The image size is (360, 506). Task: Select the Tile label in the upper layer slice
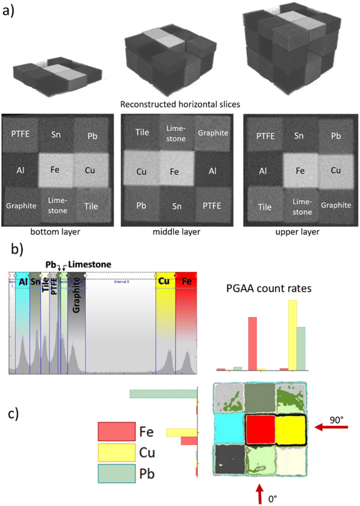tap(265, 207)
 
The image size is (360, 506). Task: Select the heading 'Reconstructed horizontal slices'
tap(180, 105)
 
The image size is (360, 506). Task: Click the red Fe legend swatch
tap(116, 432)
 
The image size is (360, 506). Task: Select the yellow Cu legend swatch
tap(116, 453)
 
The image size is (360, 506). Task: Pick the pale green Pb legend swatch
tap(116, 474)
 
